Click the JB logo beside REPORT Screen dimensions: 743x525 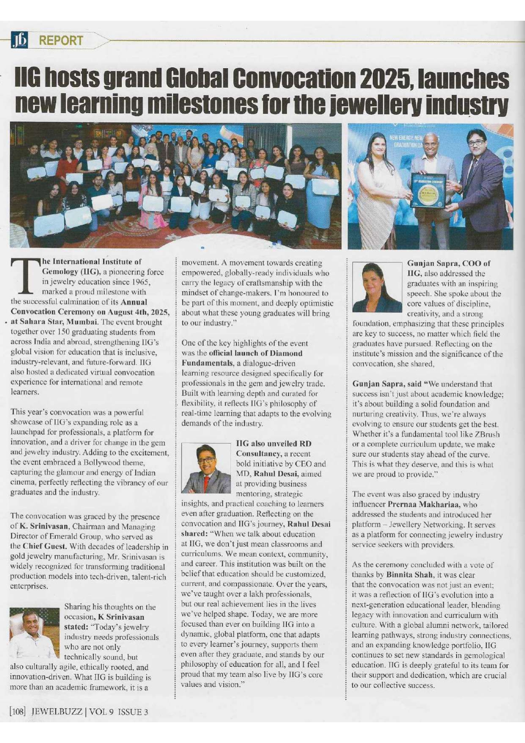click(20, 40)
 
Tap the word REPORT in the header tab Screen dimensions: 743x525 click(61, 41)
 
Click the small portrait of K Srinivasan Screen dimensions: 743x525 click(35, 633)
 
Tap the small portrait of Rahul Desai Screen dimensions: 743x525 click(206, 468)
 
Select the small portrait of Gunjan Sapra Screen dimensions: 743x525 click(377, 287)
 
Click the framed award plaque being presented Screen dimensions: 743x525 click(428, 190)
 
